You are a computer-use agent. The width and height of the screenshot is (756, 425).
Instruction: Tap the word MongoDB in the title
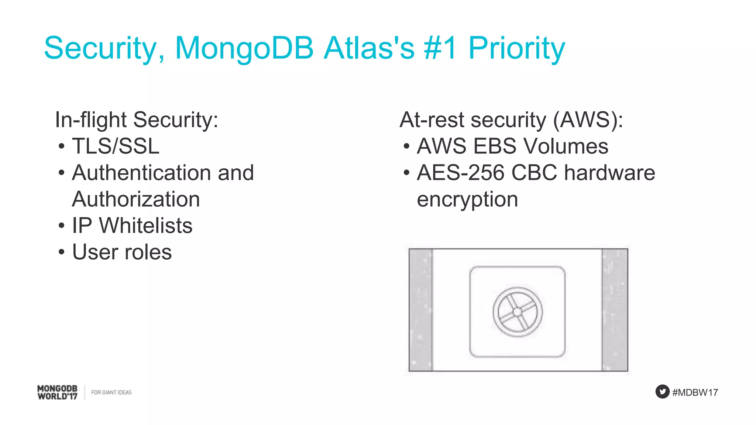click(244, 48)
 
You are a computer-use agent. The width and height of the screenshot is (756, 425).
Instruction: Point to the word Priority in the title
click(516, 48)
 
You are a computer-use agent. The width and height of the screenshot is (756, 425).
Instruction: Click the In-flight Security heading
click(137, 120)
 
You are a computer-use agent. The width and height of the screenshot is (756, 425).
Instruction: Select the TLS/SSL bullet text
click(116, 146)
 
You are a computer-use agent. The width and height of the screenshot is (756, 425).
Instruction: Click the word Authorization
click(136, 199)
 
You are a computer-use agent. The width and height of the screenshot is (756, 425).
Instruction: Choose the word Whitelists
click(146, 225)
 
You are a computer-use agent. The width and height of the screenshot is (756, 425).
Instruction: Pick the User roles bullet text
click(122, 252)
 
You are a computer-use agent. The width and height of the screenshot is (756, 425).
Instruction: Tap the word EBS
click(495, 146)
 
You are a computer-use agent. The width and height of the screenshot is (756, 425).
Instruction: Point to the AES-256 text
click(460, 173)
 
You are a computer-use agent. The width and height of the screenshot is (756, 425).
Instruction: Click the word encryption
click(467, 200)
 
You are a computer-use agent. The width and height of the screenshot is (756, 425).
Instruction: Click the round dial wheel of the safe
click(518, 312)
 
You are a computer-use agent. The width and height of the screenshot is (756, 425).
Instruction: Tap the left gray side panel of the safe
click(421, 310)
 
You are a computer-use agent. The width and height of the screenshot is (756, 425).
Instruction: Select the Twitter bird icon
click(662, 391)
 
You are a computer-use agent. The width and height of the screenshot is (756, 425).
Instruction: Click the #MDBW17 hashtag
click(695, 392)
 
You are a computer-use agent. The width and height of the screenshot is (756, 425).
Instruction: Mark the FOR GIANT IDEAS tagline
click(111, 392)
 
